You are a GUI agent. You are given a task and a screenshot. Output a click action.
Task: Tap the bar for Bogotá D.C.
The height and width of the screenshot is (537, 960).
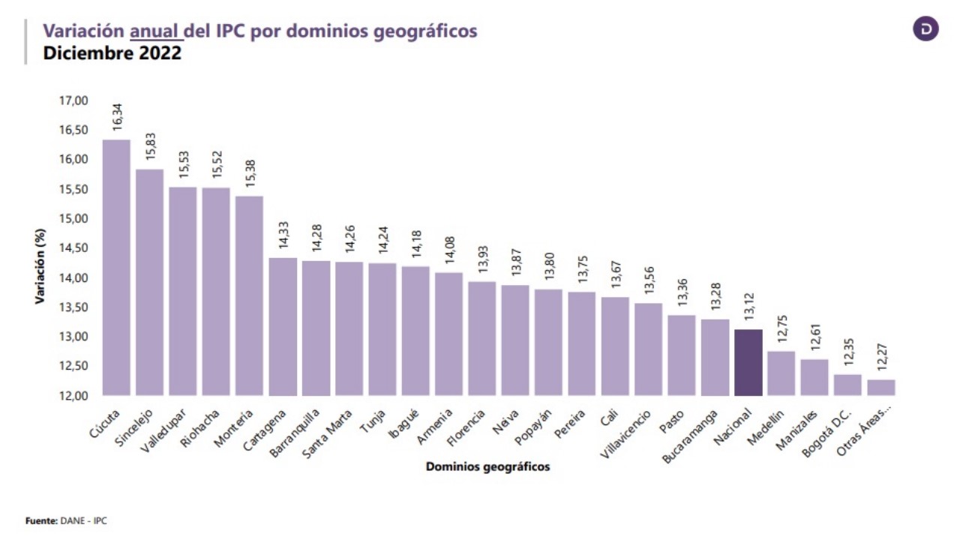tap(847, 385)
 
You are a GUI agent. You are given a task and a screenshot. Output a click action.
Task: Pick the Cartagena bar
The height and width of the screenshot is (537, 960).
tap(282, 326)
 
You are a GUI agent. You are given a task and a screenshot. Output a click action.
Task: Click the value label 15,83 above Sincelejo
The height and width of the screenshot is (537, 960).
tap(150, 146)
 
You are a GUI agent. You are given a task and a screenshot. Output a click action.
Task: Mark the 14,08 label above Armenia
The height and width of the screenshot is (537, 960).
tap(449, 250)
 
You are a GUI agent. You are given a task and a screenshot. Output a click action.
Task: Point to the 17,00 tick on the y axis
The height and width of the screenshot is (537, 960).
tap(73, 100)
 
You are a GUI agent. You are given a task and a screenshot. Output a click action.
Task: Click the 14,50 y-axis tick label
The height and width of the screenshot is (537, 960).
tap(73, 248)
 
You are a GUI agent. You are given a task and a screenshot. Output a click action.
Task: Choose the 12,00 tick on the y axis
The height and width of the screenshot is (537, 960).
tap(73, 396)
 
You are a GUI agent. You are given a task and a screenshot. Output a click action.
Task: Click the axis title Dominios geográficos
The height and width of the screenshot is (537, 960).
tap(487, 466)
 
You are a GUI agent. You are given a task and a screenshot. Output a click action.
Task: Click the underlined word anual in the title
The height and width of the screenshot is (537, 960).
tap(154, 31)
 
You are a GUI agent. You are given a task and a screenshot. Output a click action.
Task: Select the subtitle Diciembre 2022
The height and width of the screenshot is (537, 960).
tap(112, 54)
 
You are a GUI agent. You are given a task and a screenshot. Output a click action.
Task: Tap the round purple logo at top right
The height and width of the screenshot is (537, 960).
tap(925, 28)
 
